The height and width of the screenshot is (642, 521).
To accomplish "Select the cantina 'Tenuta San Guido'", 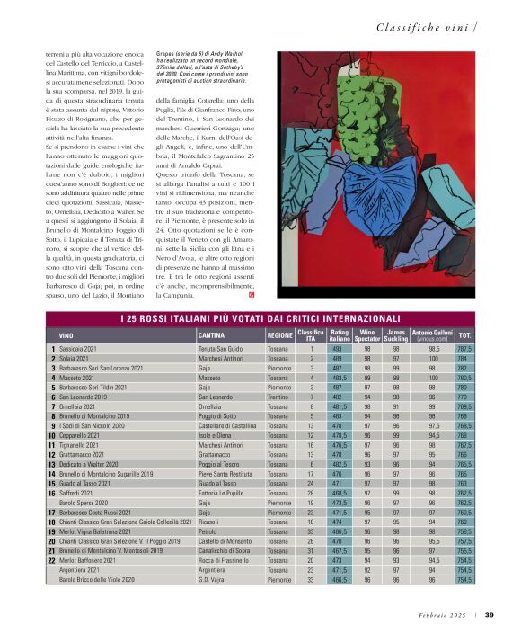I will [221, 349].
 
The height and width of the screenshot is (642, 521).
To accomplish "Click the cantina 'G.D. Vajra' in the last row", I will [212, 581].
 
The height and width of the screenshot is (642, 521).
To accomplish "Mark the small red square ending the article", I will [252, 295].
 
